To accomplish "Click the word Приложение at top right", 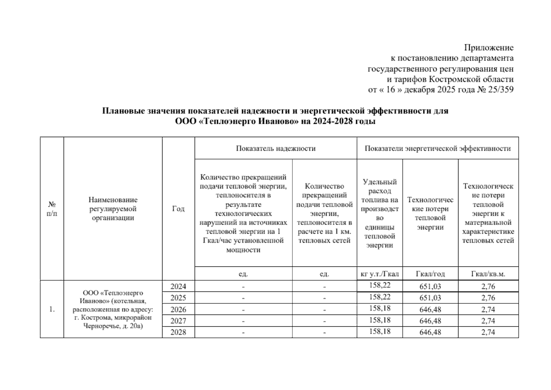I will click(x=489, y=48).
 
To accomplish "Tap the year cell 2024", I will click(x=178, y=286).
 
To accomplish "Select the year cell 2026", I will click(x=178, y=309).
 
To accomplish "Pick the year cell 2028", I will click(x=178, y=332).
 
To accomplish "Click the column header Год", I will click(x=178, y=209).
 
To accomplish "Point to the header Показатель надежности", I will click(x=275, y=149).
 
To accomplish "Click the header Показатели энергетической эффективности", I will click(x=437, y=149).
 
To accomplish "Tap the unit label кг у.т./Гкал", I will click(x=379, y=274).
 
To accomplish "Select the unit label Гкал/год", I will click(x=430, y=274).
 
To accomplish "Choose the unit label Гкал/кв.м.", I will click(x=488, y=274).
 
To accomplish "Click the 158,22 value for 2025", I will click(x=379, y=297).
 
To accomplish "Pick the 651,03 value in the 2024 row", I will click(x=430, y=286).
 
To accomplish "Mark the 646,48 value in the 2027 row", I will click(x=430, y=321).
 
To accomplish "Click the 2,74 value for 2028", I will click(x=488, y=332).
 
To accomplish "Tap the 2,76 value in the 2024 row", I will click(x=488, y=286).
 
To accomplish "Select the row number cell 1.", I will click(x=52, y=309).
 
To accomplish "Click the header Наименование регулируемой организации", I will click(x=113, y=209).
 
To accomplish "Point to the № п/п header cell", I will click(x=52, y=209).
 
